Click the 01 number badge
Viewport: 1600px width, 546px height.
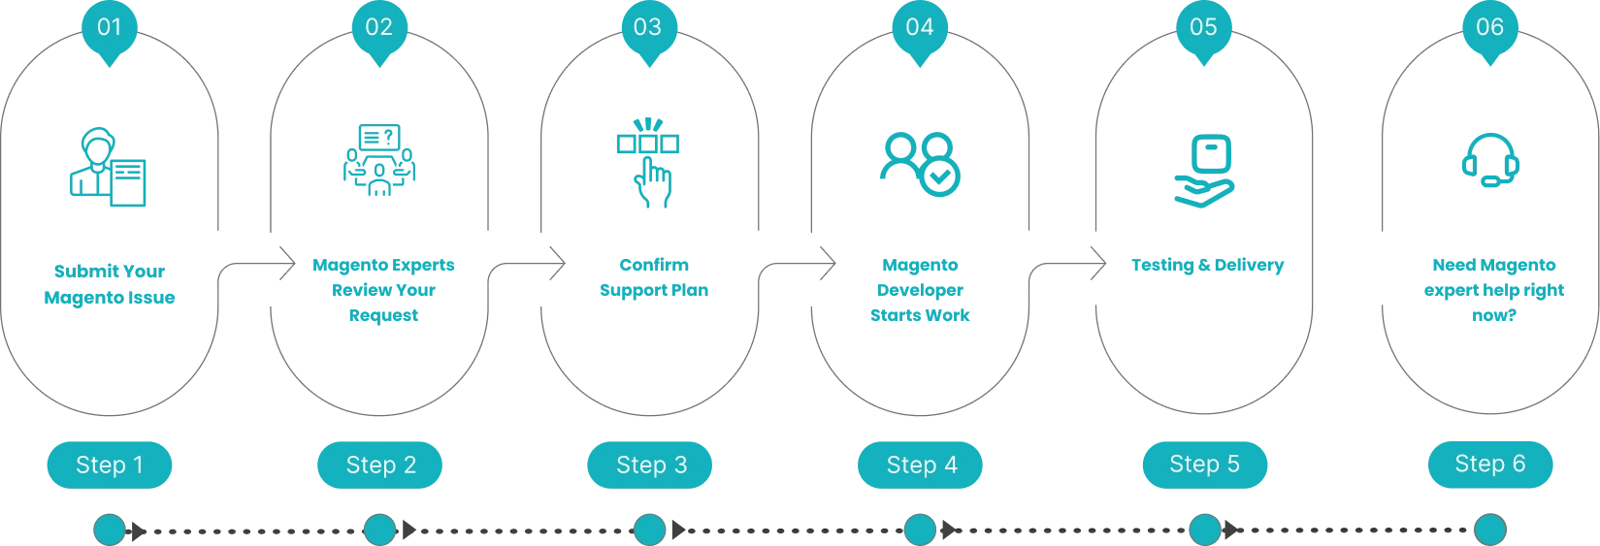coord(110,27)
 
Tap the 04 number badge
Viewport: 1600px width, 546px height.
coord(919,27)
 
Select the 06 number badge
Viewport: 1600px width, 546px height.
coord(1489,27)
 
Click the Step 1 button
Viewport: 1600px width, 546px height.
coord(110,466)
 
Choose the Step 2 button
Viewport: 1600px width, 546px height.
coord(380,466)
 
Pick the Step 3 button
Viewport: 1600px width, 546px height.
coord(650,466)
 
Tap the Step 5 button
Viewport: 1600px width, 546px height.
coord(1204,465)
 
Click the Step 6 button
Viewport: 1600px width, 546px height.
coord(1489,465)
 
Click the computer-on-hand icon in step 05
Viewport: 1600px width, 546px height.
coord(1205,171)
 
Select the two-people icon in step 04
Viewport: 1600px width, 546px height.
coord(919,165)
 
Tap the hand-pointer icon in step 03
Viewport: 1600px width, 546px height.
coord(648,162)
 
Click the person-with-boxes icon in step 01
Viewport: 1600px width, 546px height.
coord(109,167)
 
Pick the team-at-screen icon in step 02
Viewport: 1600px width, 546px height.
coord(379,163)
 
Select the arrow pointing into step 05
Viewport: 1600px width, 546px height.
coord(1072,263)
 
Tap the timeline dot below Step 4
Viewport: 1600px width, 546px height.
coord(919,530)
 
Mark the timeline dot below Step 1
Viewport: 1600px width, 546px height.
coord(110,530)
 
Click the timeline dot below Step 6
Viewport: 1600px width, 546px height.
coord(1489,530)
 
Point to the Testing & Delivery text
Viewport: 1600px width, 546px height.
coord(1207,265)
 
